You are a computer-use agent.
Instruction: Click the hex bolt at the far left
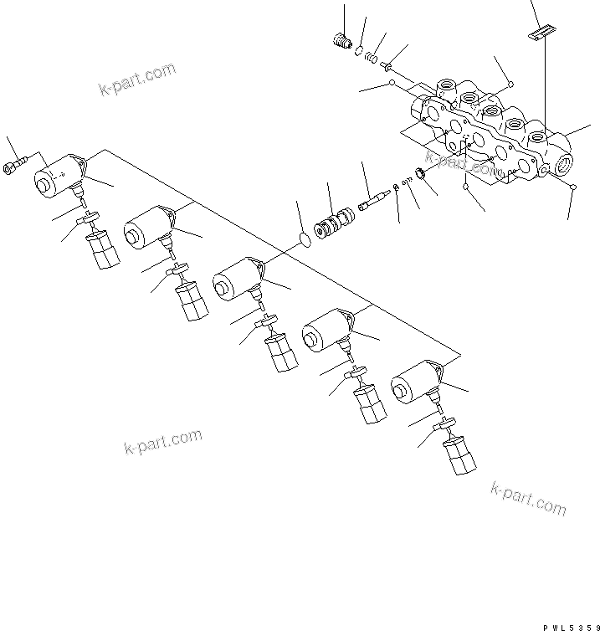16,165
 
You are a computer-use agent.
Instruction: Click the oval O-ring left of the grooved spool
306,240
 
